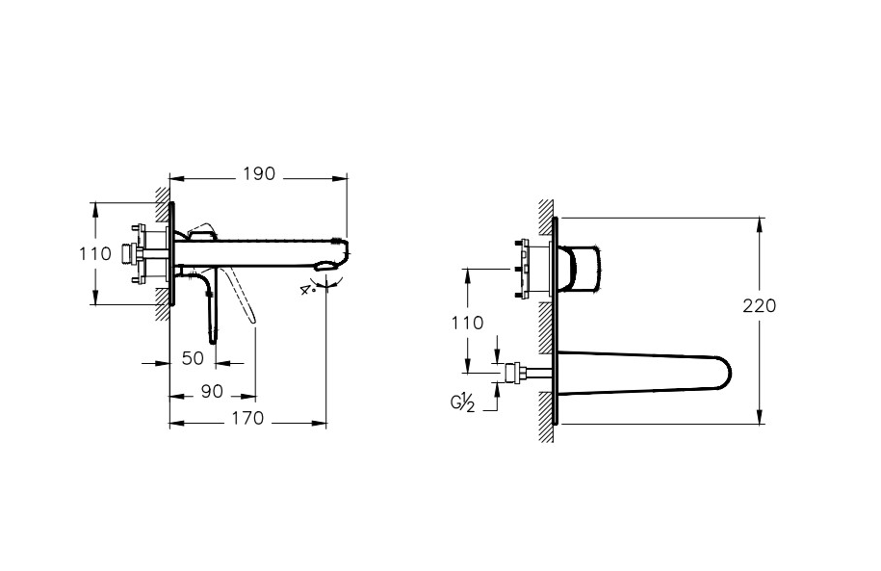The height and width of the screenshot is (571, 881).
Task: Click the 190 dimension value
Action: coord(259,174)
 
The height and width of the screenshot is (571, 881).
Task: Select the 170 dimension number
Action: coord(247,418)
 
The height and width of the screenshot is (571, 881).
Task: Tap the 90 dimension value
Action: coord(212,392)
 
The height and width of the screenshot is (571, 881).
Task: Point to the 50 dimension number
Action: coord(193,358)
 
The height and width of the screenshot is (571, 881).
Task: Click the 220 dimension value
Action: coord(759,306)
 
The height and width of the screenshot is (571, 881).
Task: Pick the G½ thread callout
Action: coord(462,402)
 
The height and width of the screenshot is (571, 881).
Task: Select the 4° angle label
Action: coord(307,290)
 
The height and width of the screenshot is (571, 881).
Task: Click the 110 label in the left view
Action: coord(95,254)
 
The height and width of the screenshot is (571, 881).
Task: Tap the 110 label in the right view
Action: coord(467,323)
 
